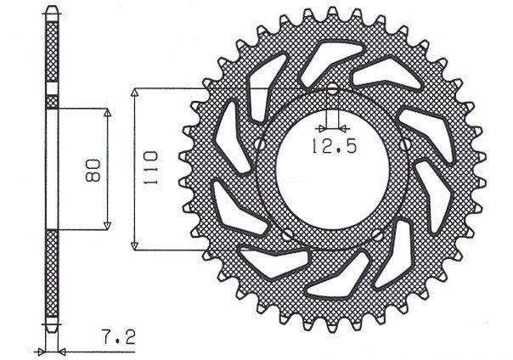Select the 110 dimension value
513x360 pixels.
150,167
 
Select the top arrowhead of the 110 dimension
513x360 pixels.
135,91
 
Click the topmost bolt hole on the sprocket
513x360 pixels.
332,89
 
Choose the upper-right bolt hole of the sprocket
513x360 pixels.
405,144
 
